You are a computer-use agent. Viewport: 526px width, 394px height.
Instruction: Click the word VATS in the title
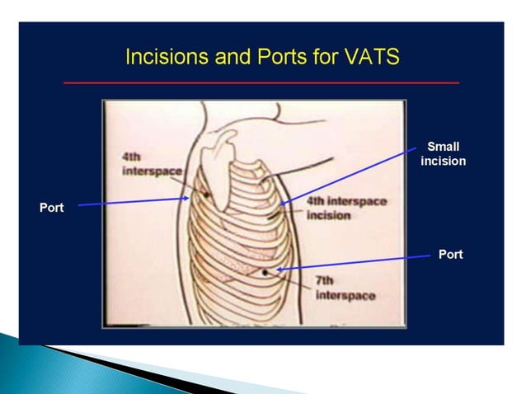point(370,57)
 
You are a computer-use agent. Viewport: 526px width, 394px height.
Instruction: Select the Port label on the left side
point(51,207)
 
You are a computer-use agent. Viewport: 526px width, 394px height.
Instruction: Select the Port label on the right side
point(450,254)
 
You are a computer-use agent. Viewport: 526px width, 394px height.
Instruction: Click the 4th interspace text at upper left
point(141,162)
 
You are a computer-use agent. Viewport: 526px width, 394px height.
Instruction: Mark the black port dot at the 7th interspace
point(265,271)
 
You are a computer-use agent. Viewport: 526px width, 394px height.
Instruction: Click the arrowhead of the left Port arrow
point(187,199)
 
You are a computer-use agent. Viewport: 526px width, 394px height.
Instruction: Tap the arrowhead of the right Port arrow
point(279,269)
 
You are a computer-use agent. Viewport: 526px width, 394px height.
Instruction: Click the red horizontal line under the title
point(261,82)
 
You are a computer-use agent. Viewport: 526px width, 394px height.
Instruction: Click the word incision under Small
point(443,161)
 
